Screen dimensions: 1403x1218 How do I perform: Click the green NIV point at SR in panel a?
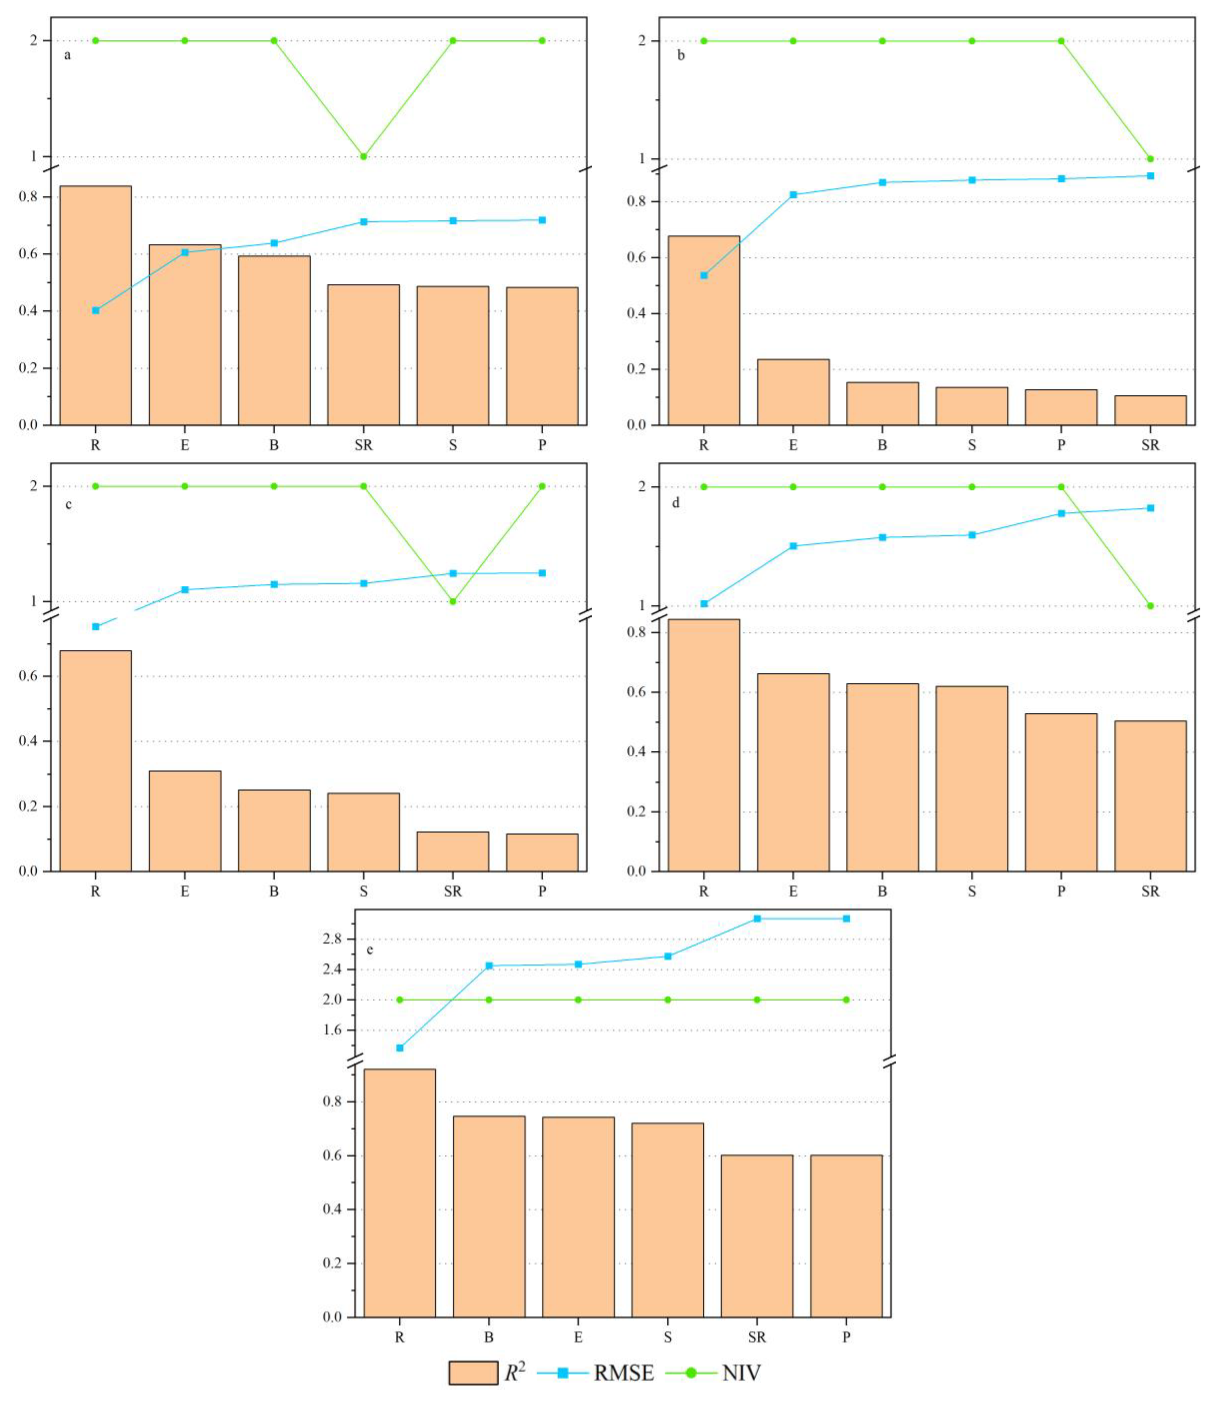tap(364, 156)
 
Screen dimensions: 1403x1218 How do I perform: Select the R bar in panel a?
tap(96, 306)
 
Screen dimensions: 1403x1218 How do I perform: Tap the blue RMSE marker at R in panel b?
tap(704, 275)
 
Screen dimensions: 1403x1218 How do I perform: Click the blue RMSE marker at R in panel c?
tap(96, 627)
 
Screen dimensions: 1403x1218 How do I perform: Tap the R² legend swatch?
tap(473, 1373)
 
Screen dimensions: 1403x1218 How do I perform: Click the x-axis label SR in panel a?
tap(364, 445)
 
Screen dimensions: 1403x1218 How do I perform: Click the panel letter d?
tap(676, 503)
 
